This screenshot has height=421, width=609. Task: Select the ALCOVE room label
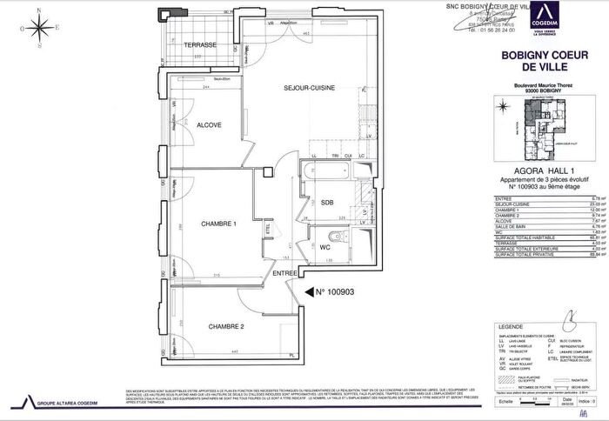coord(208,125)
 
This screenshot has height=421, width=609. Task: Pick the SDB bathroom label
coord(327,201)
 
